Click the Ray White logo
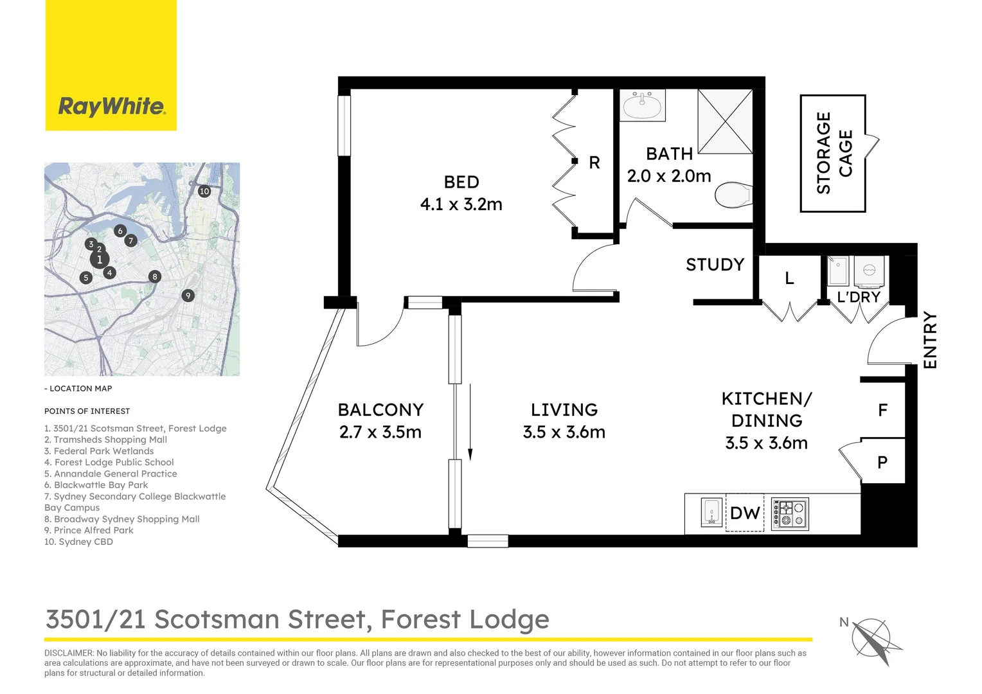pos(111,106)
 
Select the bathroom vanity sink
pos(643,105)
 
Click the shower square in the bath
pos(725,121)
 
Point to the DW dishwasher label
pos(745,513)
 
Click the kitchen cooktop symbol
pos(789,513)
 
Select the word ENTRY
pos(930,340)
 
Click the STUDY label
pos(715,265)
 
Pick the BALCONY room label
pos(380,410)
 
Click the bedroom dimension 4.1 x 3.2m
pos(461,204)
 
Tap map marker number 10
pos(204,191)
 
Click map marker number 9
pos(188,296)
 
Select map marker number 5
pos(86,278)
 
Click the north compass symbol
pos(872,638)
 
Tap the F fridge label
pos(882,410)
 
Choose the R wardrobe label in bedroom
pos(594,163)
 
